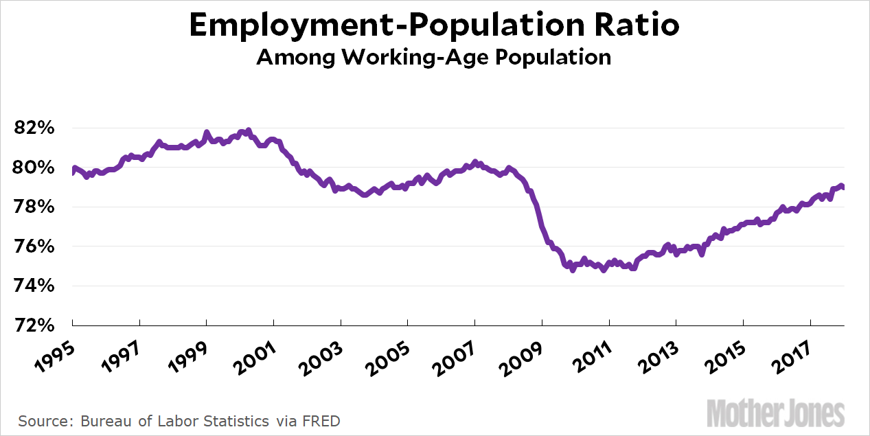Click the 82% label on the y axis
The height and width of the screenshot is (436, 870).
32,128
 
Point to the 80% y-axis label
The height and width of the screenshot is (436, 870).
32,168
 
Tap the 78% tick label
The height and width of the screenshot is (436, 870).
32,207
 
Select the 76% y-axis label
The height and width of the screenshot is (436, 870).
32,246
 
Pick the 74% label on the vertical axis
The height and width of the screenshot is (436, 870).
32,286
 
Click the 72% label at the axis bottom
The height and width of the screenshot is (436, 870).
32,325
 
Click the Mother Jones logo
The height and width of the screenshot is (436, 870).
775,413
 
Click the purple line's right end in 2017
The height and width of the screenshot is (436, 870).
843,187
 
